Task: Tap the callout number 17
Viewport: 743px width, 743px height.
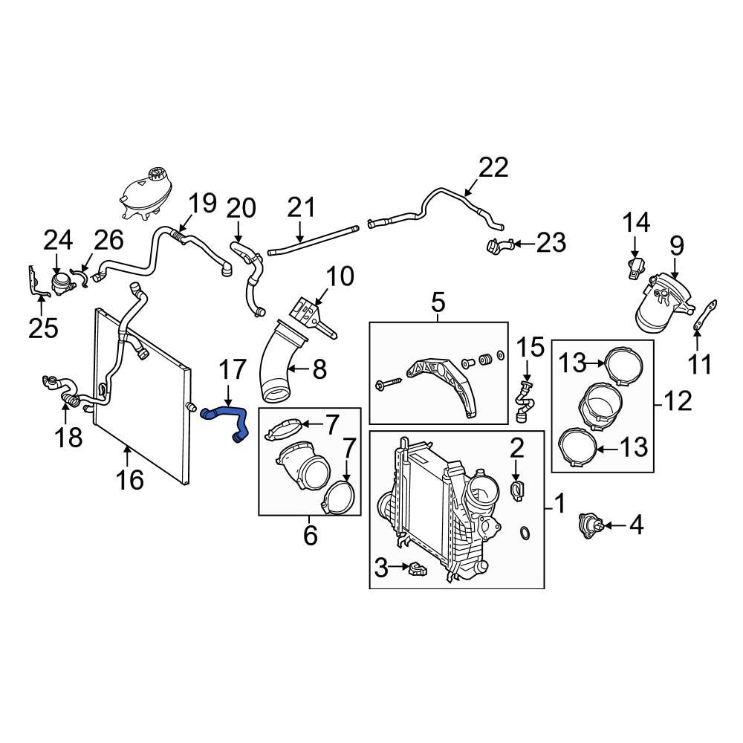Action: (232, 371)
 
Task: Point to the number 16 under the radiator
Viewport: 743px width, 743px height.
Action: (129, 480)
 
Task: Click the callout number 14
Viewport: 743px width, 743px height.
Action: (635, 221)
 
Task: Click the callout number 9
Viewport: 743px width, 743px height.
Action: (676, 245)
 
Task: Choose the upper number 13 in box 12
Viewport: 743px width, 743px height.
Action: (573, 363)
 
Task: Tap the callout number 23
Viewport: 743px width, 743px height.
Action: (551, 242)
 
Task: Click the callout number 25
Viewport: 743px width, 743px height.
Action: (42, 327)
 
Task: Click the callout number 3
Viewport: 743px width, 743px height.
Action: (380, 570)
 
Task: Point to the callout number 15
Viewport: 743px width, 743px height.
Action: (531, 346)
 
